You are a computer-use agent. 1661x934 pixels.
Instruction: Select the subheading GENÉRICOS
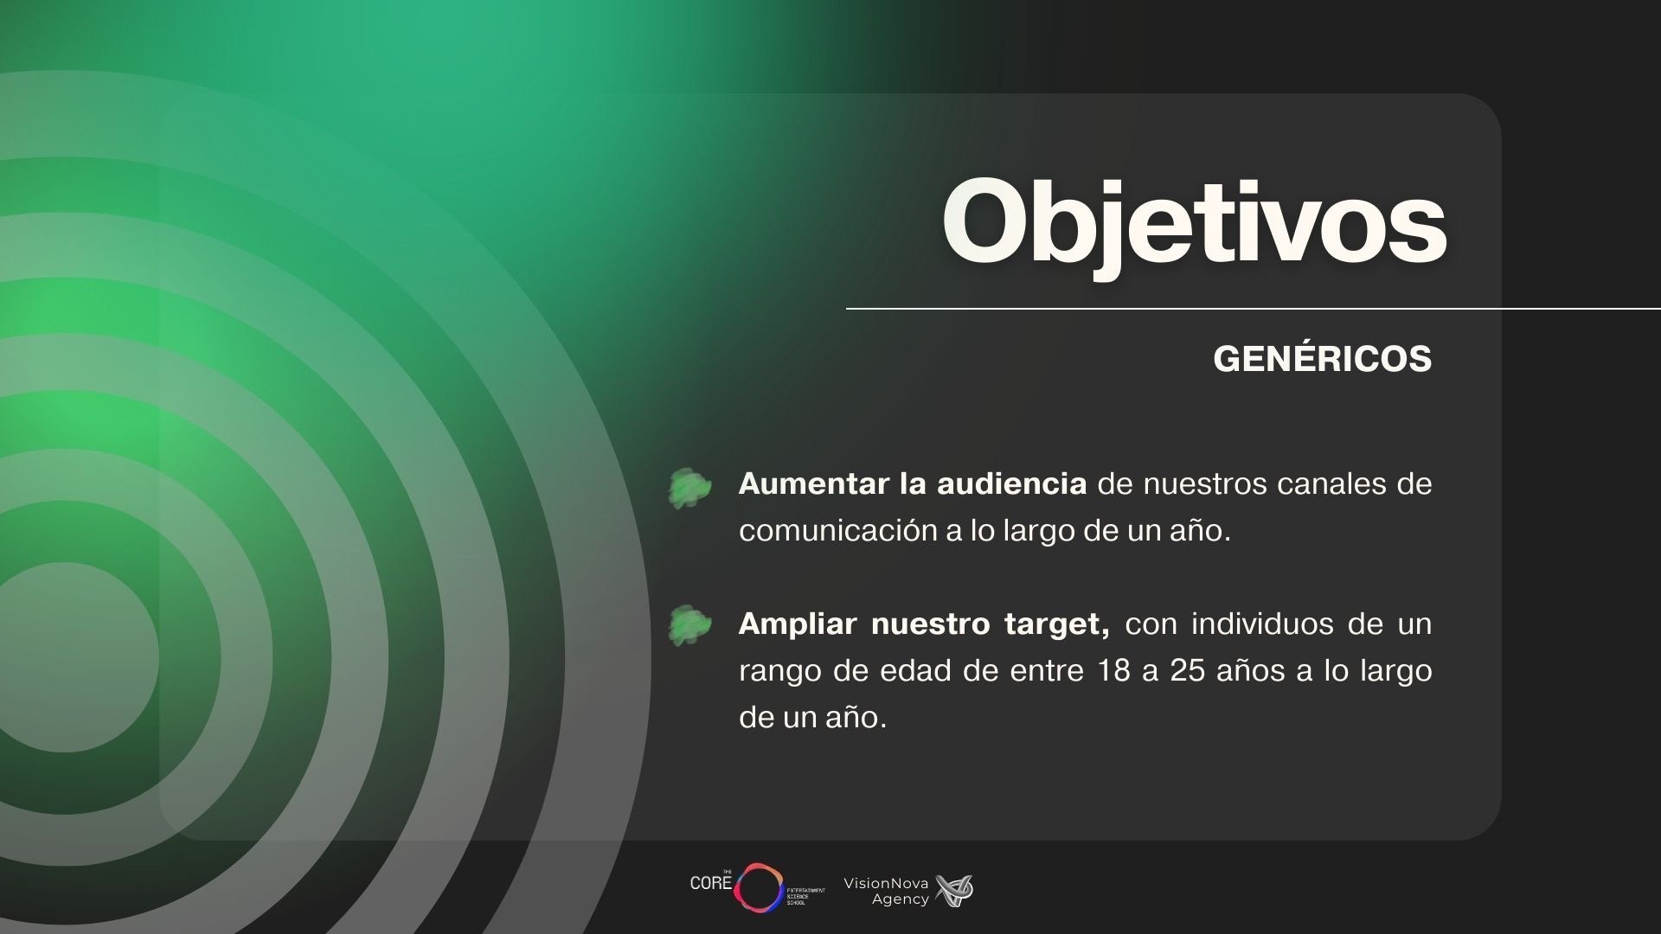click(x=1323, y=359)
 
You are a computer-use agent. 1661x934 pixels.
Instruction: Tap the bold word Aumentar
click(x=814, y=483)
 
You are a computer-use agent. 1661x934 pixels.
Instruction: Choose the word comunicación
click(x=837, y=530)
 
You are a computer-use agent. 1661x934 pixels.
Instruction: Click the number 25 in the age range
click(x=1188, y=670)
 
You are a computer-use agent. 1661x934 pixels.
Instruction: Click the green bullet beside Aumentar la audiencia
click(x=689, y=488)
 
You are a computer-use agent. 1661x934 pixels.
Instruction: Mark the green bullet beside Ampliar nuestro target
click(x=689, y=625)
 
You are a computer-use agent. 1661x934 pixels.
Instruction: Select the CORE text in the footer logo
click(x=710, y=883)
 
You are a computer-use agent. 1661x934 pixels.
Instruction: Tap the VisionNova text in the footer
click(x=886, y=883)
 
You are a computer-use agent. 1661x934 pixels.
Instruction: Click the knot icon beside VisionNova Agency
click(x=954, y=891)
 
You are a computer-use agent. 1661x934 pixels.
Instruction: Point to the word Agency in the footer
click(x=900, y=899)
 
